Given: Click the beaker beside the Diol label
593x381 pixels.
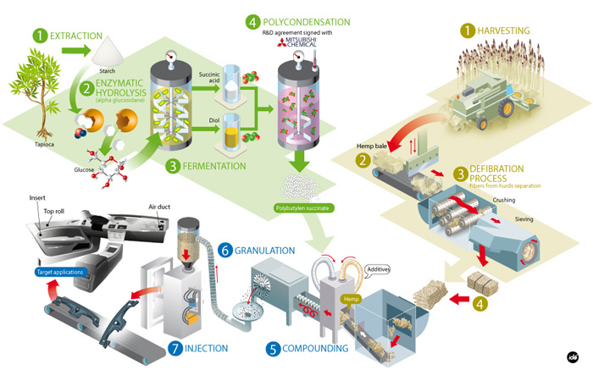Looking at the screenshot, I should point(230,135).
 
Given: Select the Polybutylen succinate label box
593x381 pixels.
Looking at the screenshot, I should point(302,205).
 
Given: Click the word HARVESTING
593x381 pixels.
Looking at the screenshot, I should point(503,30).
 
